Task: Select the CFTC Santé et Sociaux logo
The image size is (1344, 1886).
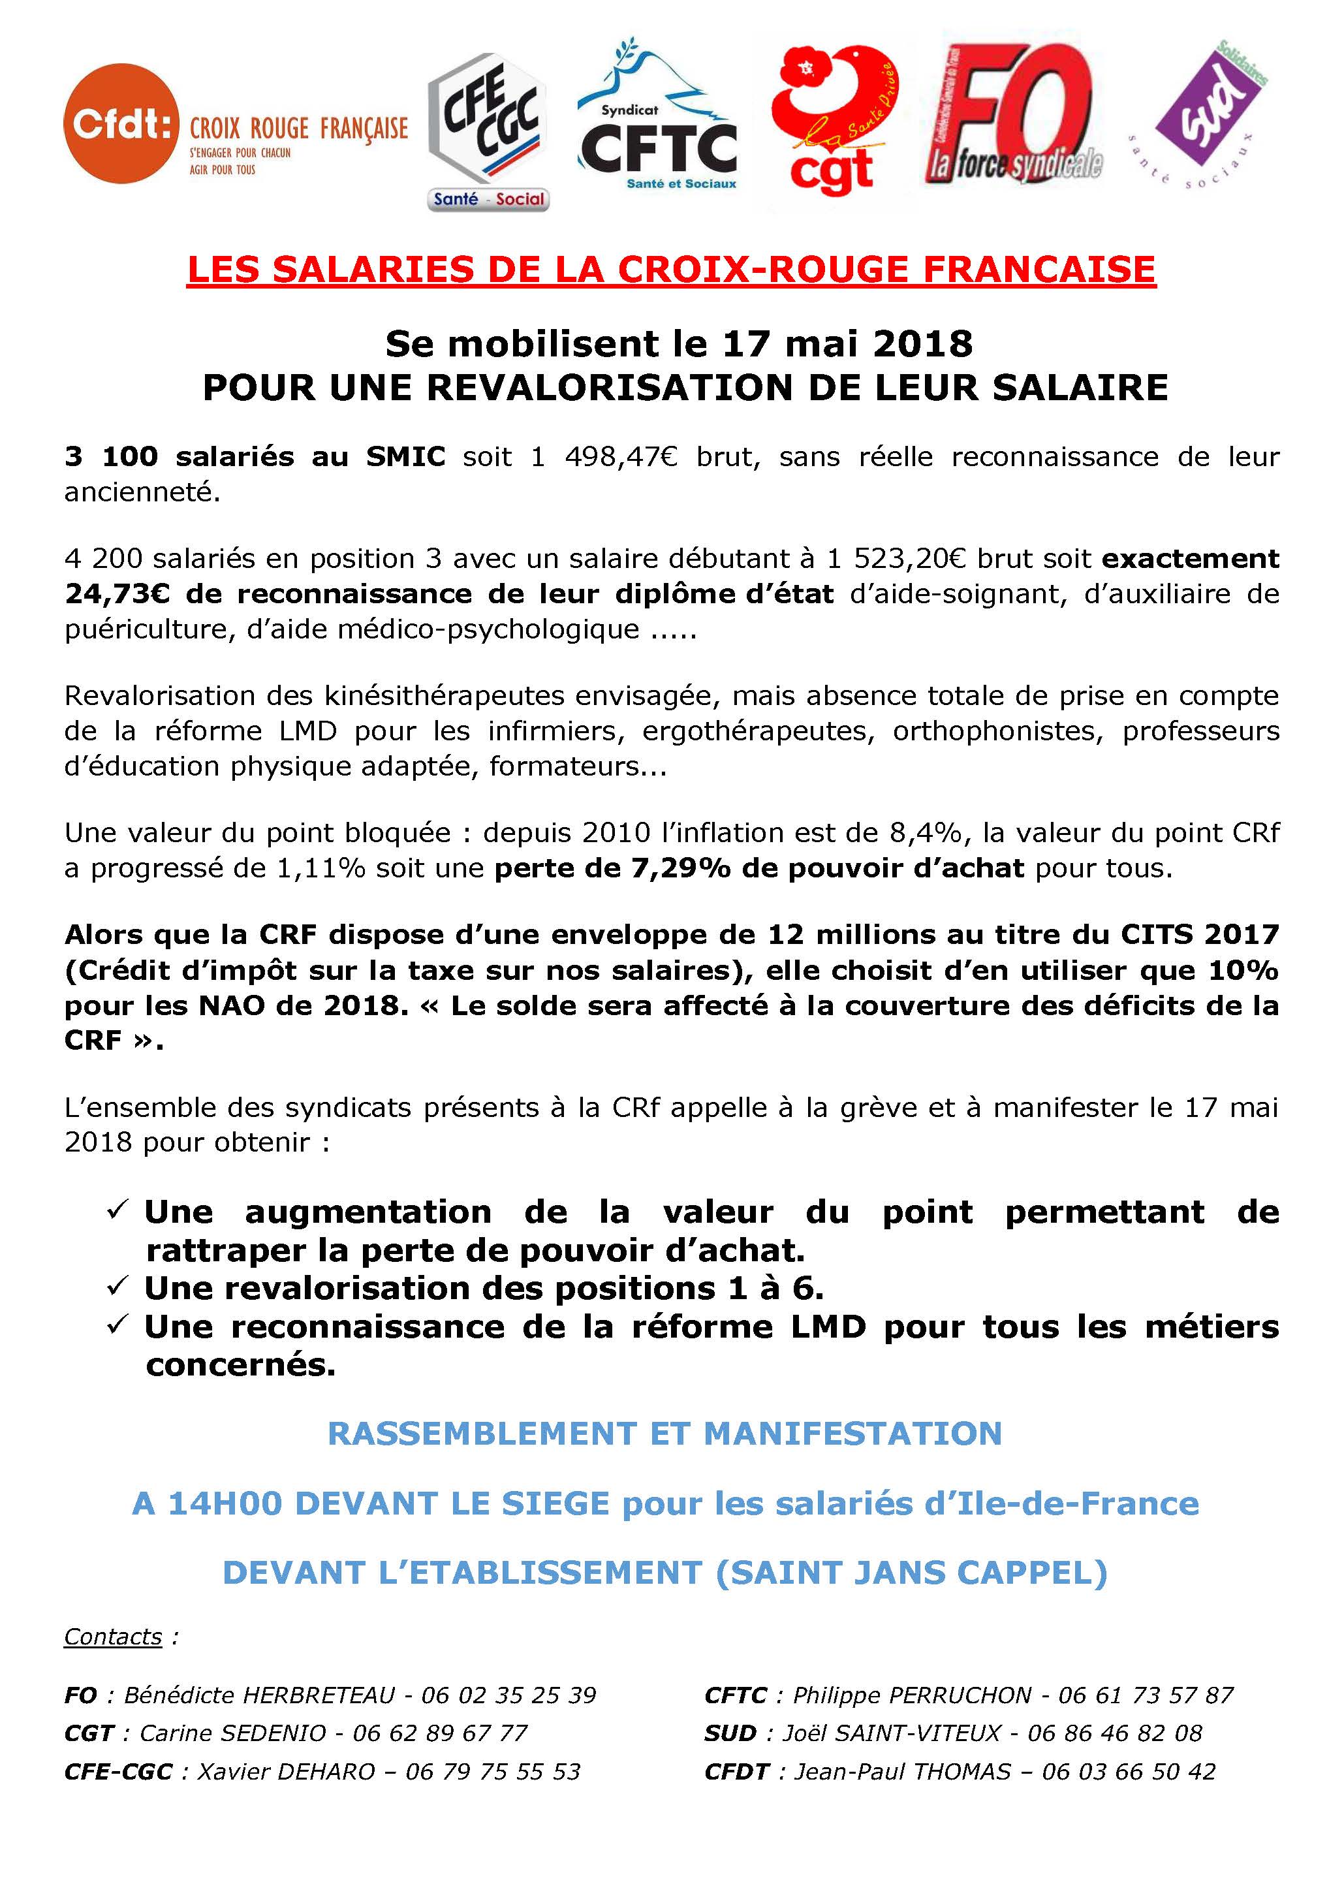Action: pos(659,124)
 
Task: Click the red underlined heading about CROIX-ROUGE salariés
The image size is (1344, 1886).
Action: pos(671,270)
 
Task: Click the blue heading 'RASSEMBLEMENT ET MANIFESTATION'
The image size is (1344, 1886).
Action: pos(664,1434)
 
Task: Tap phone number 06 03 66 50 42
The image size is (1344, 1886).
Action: pos(1129,1772)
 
